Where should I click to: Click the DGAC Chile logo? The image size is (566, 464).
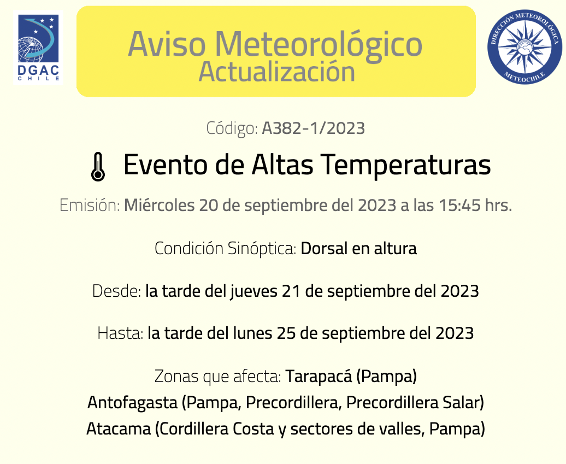[x=38, y=48]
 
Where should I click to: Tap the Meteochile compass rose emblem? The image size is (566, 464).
[x=524, y=47]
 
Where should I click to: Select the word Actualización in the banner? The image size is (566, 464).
[x=277, y=72]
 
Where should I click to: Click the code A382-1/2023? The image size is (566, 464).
[x=314, y=128]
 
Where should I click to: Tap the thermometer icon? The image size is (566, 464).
[x=98, y=167]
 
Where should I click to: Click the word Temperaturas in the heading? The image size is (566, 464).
[x=406, y=165]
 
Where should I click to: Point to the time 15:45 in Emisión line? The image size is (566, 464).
[x=460, y=205]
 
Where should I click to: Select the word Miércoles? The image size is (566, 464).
[x=159, y=205]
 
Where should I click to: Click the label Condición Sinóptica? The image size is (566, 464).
[x=226, y=249]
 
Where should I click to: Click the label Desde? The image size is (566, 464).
[x=116, y=291]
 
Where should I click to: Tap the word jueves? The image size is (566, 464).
[x=253, y=292]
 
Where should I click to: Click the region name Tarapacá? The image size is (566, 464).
[x=319, y=376]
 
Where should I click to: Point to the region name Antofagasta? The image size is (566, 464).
[x=132, y=403]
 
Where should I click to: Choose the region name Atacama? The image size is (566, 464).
[x=119, y=429]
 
